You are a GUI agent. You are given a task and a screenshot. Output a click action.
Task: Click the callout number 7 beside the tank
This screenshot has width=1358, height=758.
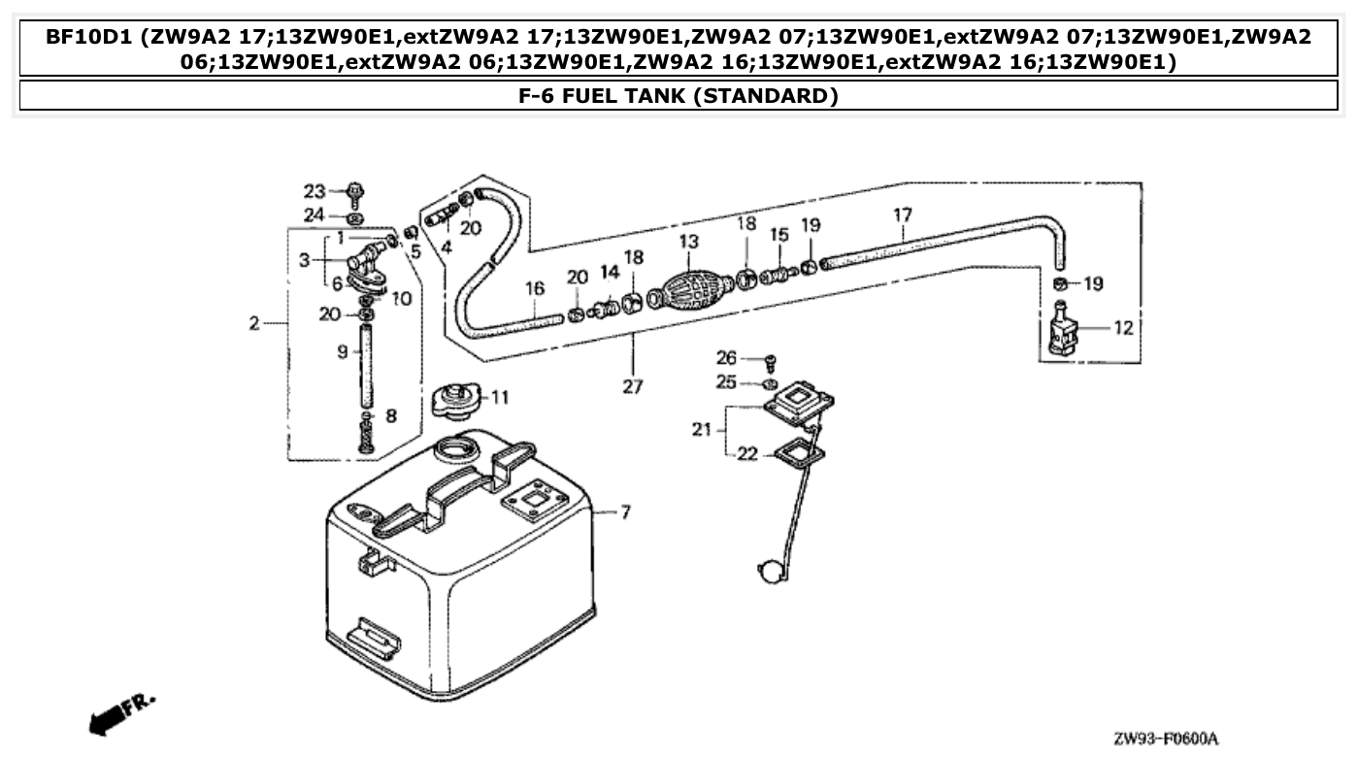624,511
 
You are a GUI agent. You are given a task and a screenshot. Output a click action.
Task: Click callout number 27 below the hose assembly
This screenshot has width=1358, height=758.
633,385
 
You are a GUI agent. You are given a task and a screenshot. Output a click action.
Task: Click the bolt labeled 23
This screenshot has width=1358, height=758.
354,191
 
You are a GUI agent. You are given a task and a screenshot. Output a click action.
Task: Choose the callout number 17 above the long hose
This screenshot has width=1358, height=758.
902,214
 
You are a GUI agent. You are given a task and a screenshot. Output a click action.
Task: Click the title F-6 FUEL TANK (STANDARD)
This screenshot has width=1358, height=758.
679,95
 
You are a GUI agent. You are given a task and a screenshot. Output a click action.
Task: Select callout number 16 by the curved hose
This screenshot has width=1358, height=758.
535,288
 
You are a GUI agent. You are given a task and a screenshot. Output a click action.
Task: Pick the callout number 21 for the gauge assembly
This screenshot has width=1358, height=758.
702,429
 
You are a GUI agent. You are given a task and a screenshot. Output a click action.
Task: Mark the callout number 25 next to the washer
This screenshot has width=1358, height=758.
726,382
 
